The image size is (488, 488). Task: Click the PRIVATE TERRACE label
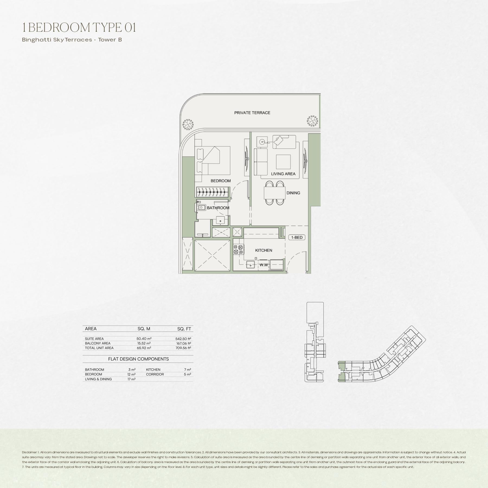click(252, 113)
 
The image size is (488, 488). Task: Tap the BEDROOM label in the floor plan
click(221, 181)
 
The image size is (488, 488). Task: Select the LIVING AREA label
click(283, 174)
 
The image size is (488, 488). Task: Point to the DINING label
click(293, 193)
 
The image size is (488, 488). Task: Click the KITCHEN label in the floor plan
click(264, 250)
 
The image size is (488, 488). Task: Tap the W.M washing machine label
click(264, 265)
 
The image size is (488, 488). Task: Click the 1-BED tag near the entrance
click(297, 237)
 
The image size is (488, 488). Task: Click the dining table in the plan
click(274, 193)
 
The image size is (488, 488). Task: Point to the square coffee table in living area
click(283, 162)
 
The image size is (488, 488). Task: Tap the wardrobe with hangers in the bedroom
click(212, 192)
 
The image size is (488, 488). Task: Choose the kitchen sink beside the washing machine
click(251, 265)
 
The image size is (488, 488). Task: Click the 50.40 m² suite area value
click(144, 339)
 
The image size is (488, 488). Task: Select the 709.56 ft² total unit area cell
click(183, 348)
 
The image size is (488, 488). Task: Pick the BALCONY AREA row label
click(98, 343)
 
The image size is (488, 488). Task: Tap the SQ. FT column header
click(184, 329)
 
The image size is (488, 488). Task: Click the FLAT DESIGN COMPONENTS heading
click(139, 359)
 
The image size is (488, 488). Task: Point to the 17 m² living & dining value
click(131, 379)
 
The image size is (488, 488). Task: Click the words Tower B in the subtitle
click(110, 40)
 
